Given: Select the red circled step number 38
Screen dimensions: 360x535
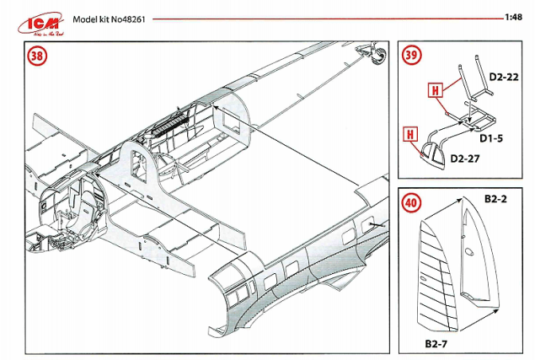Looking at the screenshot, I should pyautogui.click(x=37, y=57).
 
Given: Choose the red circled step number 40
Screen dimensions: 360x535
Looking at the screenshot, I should pyautogui.click(x=409, y=203).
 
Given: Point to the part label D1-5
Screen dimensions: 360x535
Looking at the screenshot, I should pyautogui.click(x=494, y=137).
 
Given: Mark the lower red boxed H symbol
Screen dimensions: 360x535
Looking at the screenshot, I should pyautogui.click(x=409, y=133).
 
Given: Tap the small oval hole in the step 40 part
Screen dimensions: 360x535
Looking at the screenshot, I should pyautogui.click(x=468, y=251).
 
